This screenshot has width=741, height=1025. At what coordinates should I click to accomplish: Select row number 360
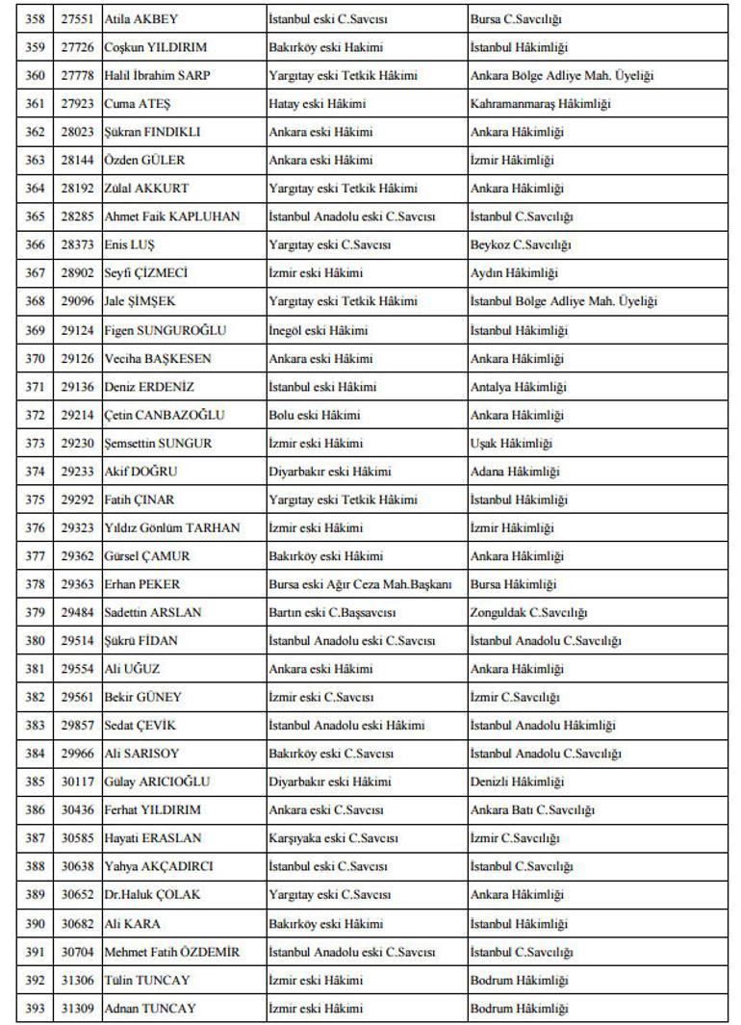coord(35,76)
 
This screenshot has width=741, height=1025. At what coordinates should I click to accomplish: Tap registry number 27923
coord(78,104)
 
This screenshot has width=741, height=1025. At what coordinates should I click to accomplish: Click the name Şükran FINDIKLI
coord(152,132)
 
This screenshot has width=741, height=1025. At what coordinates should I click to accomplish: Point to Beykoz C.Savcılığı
coord(521,245)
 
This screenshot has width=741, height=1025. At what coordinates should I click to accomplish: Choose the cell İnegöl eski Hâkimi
coord(318,330)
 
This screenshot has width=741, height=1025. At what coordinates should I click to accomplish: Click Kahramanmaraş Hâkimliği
coord(540,104)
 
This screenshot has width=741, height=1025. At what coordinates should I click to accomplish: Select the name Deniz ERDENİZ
coord(149,387)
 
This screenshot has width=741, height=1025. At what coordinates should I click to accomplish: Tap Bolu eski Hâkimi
coord(314,415)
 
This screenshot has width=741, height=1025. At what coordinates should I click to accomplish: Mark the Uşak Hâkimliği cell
coord(511,444)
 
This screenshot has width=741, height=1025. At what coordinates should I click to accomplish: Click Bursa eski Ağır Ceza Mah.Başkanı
coord(360,584)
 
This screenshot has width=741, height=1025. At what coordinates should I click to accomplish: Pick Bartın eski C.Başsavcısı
coord(332,612)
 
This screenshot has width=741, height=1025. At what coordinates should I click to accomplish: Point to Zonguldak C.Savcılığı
coord(528,612)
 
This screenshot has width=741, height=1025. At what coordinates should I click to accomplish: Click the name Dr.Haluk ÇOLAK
coord(152,894)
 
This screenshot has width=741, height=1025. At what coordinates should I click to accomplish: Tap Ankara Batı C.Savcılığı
coord(532,810)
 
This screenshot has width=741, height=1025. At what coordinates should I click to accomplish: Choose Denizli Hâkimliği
coord(517,782)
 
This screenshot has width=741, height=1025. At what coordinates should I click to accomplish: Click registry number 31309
coord(78,1008)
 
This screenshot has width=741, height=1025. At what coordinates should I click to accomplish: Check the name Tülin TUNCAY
coord(147,980)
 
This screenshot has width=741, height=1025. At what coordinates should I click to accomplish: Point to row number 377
coord(35,556)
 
